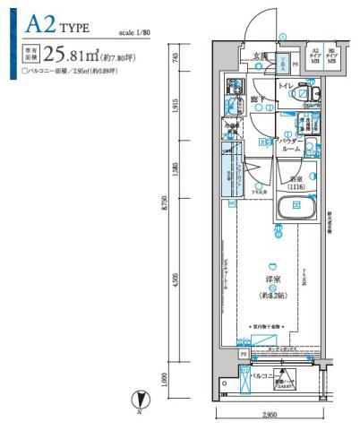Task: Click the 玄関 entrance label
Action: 259,56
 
